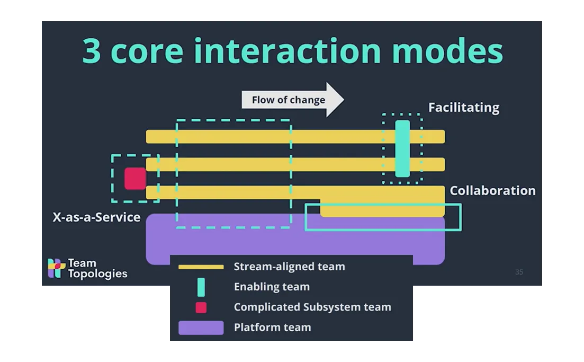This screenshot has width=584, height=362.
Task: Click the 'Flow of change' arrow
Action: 293,100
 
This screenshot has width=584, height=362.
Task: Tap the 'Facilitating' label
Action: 464,108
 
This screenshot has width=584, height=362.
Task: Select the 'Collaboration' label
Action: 492,190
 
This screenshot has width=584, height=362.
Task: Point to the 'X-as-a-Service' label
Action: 96,217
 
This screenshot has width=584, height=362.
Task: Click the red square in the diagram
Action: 135,179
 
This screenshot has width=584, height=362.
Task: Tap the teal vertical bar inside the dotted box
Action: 402,148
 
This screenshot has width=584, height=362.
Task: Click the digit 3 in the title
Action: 92,51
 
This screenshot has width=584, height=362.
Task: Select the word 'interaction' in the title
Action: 287,50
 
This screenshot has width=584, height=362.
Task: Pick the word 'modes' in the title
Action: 448,50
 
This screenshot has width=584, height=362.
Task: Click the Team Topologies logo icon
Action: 56,268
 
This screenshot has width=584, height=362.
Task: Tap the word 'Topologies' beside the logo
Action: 97,274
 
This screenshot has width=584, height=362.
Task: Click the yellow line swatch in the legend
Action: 201,267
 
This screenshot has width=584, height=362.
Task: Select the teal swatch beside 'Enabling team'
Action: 201,287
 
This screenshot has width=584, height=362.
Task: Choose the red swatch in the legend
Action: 201,307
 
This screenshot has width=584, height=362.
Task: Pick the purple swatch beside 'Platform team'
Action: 201,328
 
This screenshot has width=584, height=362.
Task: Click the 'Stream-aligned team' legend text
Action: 290,267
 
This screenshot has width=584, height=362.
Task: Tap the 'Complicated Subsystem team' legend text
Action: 312,307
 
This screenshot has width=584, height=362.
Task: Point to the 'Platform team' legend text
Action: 272,328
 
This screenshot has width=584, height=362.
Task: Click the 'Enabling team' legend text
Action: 272,287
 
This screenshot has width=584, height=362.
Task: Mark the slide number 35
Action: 519,272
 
